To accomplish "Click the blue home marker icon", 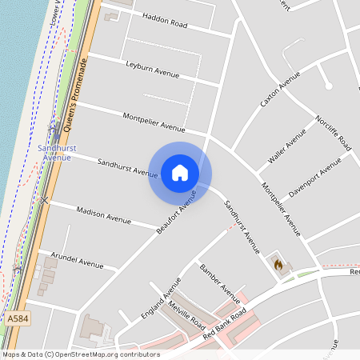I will click(x=180, y=172).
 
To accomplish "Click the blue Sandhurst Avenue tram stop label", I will click(x=57, y=152).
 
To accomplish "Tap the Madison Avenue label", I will click(x=103, y=214).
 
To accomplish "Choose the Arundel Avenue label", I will click(x=79, y=262).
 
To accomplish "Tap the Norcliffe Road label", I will click(x=334, y=131).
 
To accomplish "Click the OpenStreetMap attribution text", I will click(x=80, y=354).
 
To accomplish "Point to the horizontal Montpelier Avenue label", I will click(x=154, y=122).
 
